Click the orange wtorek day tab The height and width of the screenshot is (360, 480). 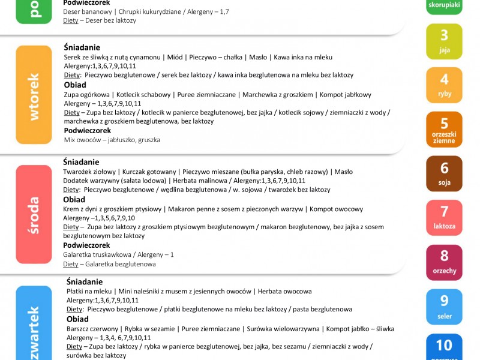34,95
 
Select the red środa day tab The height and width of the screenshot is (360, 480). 34,214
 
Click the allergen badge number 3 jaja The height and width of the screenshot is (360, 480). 444,41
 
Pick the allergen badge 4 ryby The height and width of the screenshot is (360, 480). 444,85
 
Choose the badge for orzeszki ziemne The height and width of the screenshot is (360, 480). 444,129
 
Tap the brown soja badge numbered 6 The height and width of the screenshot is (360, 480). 444,173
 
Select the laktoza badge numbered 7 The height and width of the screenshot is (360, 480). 444,217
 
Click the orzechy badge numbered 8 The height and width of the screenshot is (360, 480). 444,262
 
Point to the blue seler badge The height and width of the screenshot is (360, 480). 444,307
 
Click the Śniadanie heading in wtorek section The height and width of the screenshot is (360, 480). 82,47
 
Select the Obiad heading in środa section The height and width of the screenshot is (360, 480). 74,199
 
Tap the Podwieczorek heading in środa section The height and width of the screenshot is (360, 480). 87,245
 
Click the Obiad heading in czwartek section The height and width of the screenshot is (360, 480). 77,319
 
